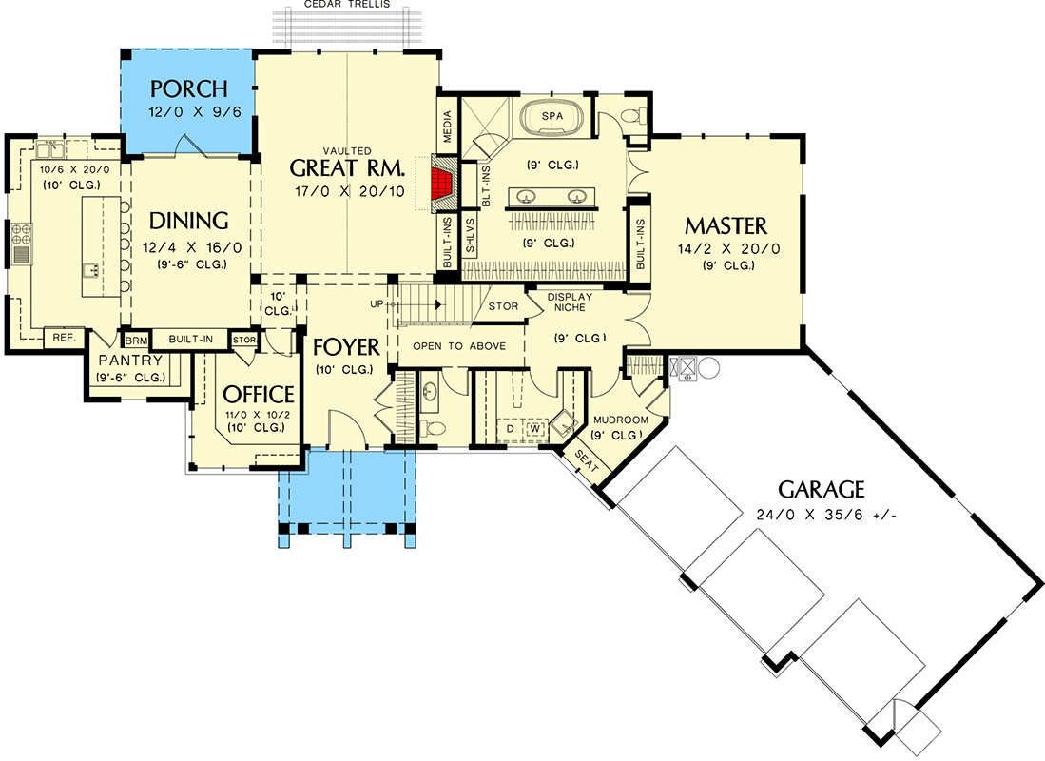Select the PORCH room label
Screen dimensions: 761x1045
189,89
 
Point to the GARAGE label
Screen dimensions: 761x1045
821,490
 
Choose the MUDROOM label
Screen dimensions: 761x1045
620,420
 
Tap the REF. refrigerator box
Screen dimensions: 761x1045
64,338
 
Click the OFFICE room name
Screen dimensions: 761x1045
258,394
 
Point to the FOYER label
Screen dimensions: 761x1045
346,346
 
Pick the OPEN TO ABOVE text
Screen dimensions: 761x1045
458,346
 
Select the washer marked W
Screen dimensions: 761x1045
534,429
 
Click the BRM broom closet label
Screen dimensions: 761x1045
135,340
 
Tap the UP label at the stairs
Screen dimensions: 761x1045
377,303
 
